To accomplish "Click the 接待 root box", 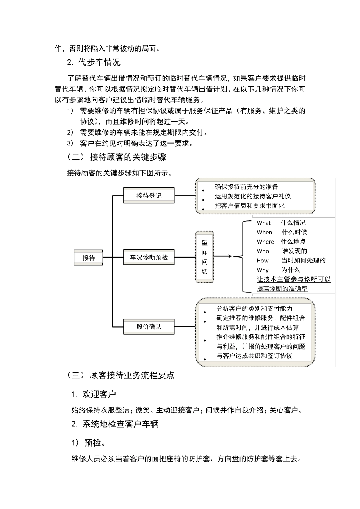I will [x=88, y=258].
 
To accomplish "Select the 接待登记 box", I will [x=149, y=195].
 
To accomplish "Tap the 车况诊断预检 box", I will [x=149, y=257].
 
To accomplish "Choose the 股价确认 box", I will [x=149, y=326].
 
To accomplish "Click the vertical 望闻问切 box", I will [x=205, y=257].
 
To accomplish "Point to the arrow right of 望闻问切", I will [x=224, y=256].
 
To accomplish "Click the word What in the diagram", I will [x=264, y=223].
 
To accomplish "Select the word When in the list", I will [x=265, y=232].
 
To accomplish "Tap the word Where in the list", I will [x=265, y=242].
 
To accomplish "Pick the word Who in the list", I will [x=263, y=251].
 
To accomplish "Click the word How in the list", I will [x=263, y=261].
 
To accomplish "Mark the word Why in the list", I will [x=263, y=270].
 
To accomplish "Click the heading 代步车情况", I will [x=99, y=62].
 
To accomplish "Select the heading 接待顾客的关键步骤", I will [x=128, y=157].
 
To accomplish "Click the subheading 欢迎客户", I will [x=99, y=394].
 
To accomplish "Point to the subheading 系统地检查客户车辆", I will [x=121, y=424].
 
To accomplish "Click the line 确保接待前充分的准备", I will [x=246, y=187].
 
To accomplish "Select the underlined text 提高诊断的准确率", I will [x=282, y=289].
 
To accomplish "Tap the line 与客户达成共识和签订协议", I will [x=254, y=356].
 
